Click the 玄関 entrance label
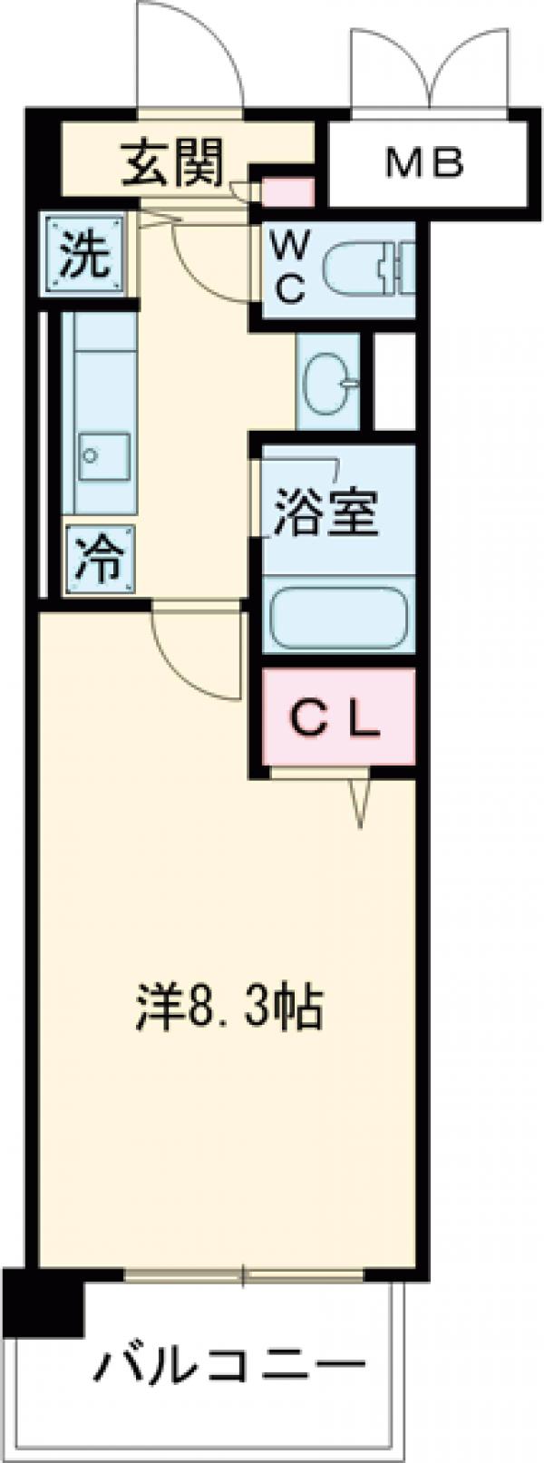coord(172,165)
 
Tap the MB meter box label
coord(425,164)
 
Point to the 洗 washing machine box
coord(85,255)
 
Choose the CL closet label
coord(335,721)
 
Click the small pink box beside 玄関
coord(287,193)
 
